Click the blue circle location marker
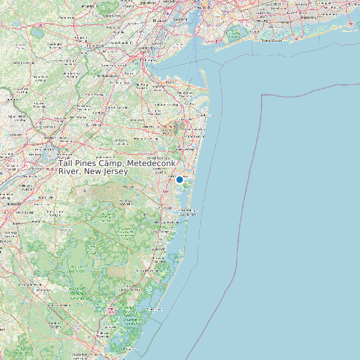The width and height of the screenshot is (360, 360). point(179,179)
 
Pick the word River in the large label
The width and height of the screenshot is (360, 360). point(70,171)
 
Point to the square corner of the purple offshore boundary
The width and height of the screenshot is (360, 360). point(262,95)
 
